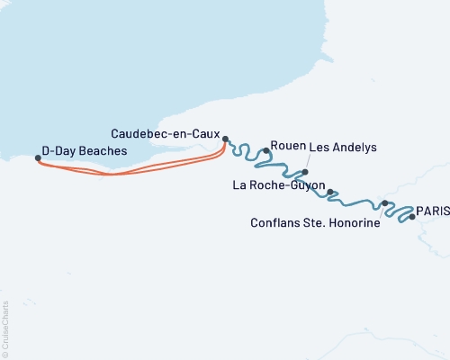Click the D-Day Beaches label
click(x=91, y=151)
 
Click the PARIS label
click(x=433, y=209)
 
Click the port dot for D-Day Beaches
click(x=38, y=158)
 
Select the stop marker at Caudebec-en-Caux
click(x=226, y=139)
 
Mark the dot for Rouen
click(x=266, y=151)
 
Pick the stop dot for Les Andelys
click(x=305, y=172)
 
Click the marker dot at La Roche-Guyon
click(x=330, y=192)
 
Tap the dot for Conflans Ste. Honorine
click(x=385, y=203)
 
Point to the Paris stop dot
click(x=412, y=217)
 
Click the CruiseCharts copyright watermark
click(x=5, y=328)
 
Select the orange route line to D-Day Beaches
click(x=135, y=169)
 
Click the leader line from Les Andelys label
click(x=310, y=161)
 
